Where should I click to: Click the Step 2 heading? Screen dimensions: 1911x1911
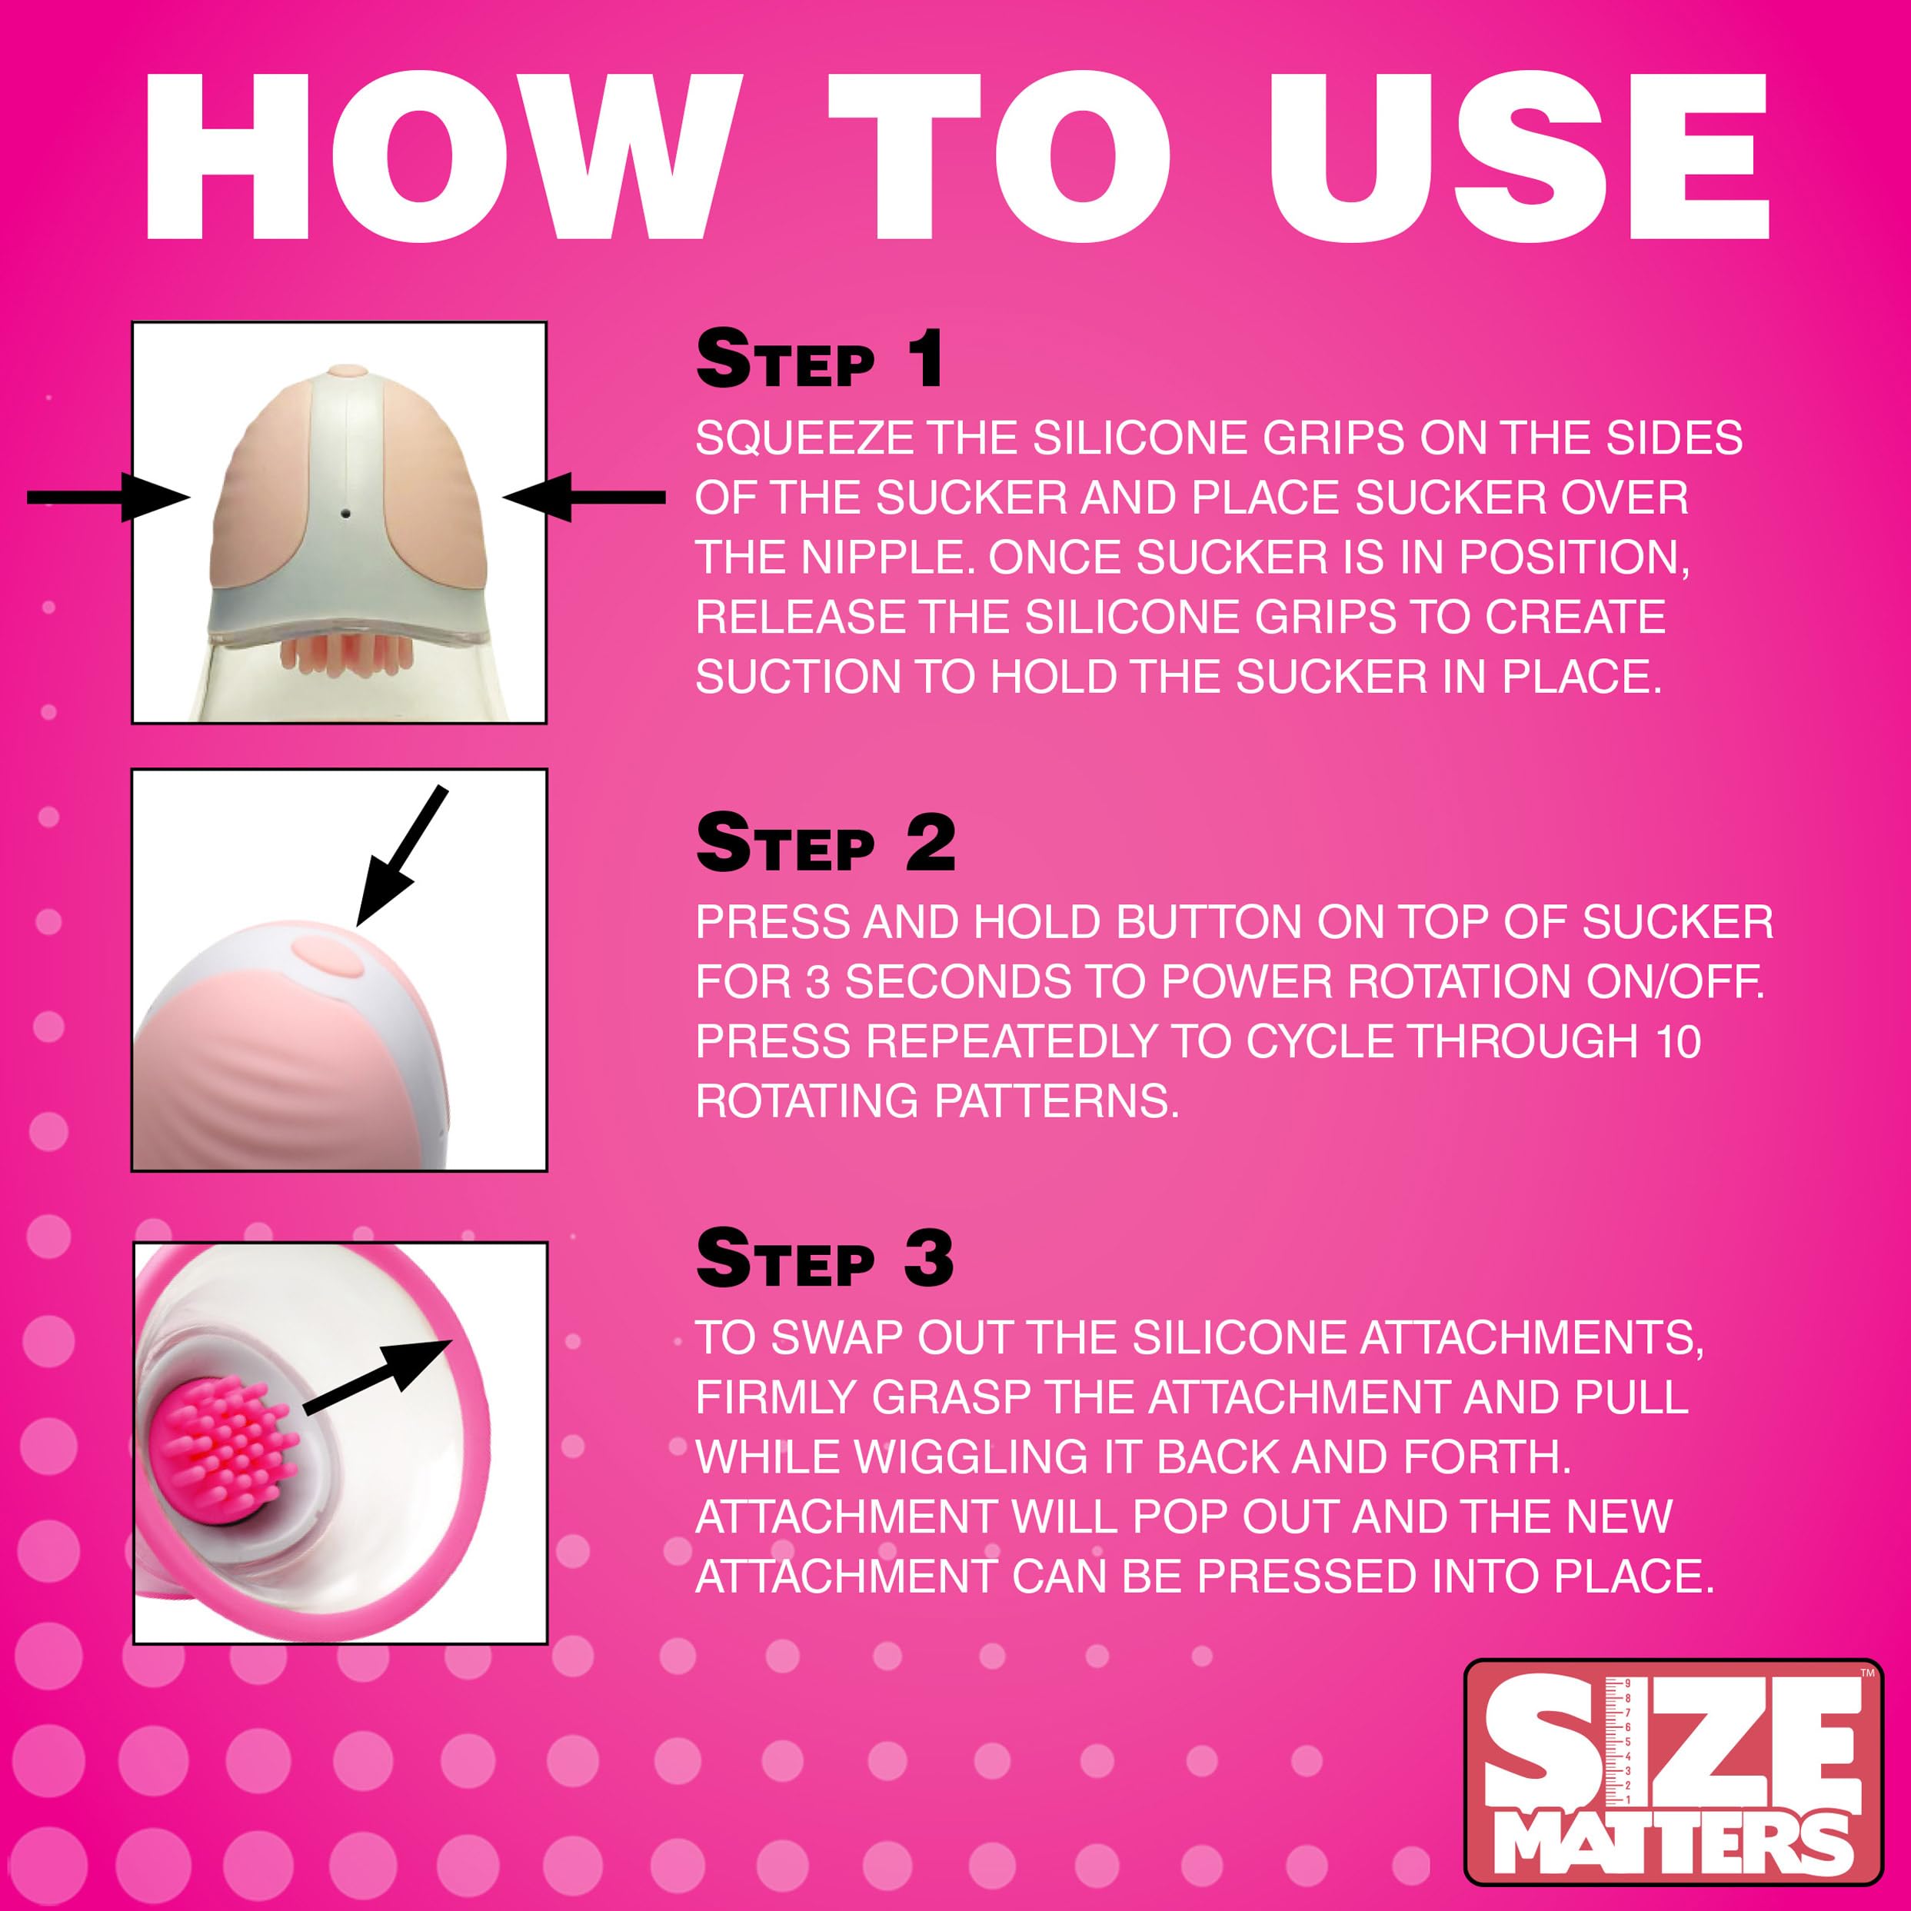pyautogui.click(x=825, y=843)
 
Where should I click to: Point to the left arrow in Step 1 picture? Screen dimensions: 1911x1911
pyautogui.click(x=108, y=497)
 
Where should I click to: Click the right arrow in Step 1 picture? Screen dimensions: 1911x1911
pyautogui.click(x=584, y=497)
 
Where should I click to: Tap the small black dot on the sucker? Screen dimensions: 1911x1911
pyautogui.click(x=345, y=514)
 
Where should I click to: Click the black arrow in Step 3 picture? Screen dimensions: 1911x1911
pyautogui.click(x=377, y=1373)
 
